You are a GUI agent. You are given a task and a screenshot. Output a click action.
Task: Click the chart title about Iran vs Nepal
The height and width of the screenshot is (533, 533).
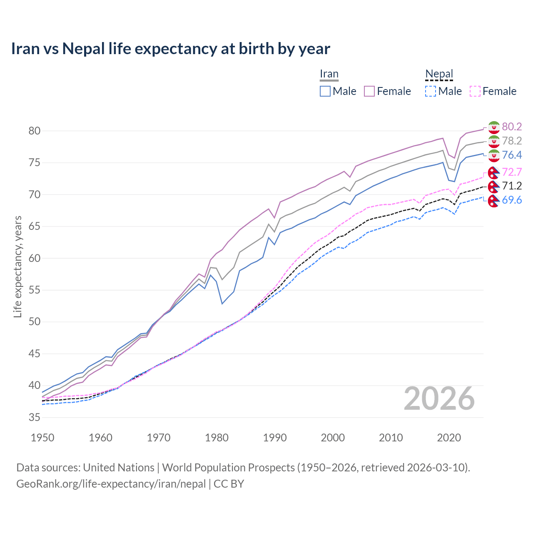[170, 49]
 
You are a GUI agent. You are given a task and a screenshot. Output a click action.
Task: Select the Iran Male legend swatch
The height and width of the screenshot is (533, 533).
[325, 91]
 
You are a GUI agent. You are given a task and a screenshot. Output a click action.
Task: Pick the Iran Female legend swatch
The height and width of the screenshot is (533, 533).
[369, 91]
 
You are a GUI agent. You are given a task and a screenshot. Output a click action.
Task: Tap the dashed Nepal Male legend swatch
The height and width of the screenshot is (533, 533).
[431, 91]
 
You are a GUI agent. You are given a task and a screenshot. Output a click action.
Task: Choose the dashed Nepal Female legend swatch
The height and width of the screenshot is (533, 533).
[475, 91]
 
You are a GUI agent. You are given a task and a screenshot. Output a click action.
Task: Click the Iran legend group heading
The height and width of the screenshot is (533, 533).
[329, 74]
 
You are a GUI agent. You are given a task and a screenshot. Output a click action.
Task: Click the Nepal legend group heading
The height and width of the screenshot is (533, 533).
[439, 74]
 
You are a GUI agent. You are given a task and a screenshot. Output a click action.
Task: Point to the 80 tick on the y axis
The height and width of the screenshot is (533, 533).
[35, 131]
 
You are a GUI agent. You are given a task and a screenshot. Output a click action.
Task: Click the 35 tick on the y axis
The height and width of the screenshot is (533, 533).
[35, 417]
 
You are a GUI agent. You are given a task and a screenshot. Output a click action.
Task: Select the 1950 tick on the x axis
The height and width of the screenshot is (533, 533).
[43, 438]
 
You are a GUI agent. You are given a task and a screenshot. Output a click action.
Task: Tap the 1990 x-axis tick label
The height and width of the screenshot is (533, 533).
[275, 438]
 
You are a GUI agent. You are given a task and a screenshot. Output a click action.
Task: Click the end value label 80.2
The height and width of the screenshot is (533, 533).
[512, 127]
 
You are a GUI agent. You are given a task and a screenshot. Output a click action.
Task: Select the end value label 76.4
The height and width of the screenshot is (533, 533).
[512, 155]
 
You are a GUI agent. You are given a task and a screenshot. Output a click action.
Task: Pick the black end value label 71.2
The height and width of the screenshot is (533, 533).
[512, 186]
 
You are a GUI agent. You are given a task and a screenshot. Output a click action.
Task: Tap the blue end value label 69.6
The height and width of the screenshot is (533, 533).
[512, 200]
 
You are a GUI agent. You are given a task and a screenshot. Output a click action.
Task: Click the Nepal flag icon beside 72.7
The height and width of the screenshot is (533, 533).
[494, 172]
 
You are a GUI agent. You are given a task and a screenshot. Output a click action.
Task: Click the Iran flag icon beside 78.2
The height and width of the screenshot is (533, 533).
[494, 141]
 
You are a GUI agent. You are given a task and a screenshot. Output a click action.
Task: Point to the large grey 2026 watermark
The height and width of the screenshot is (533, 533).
[439, 399]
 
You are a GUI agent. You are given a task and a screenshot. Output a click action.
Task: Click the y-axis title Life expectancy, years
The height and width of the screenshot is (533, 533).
[18, 266]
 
